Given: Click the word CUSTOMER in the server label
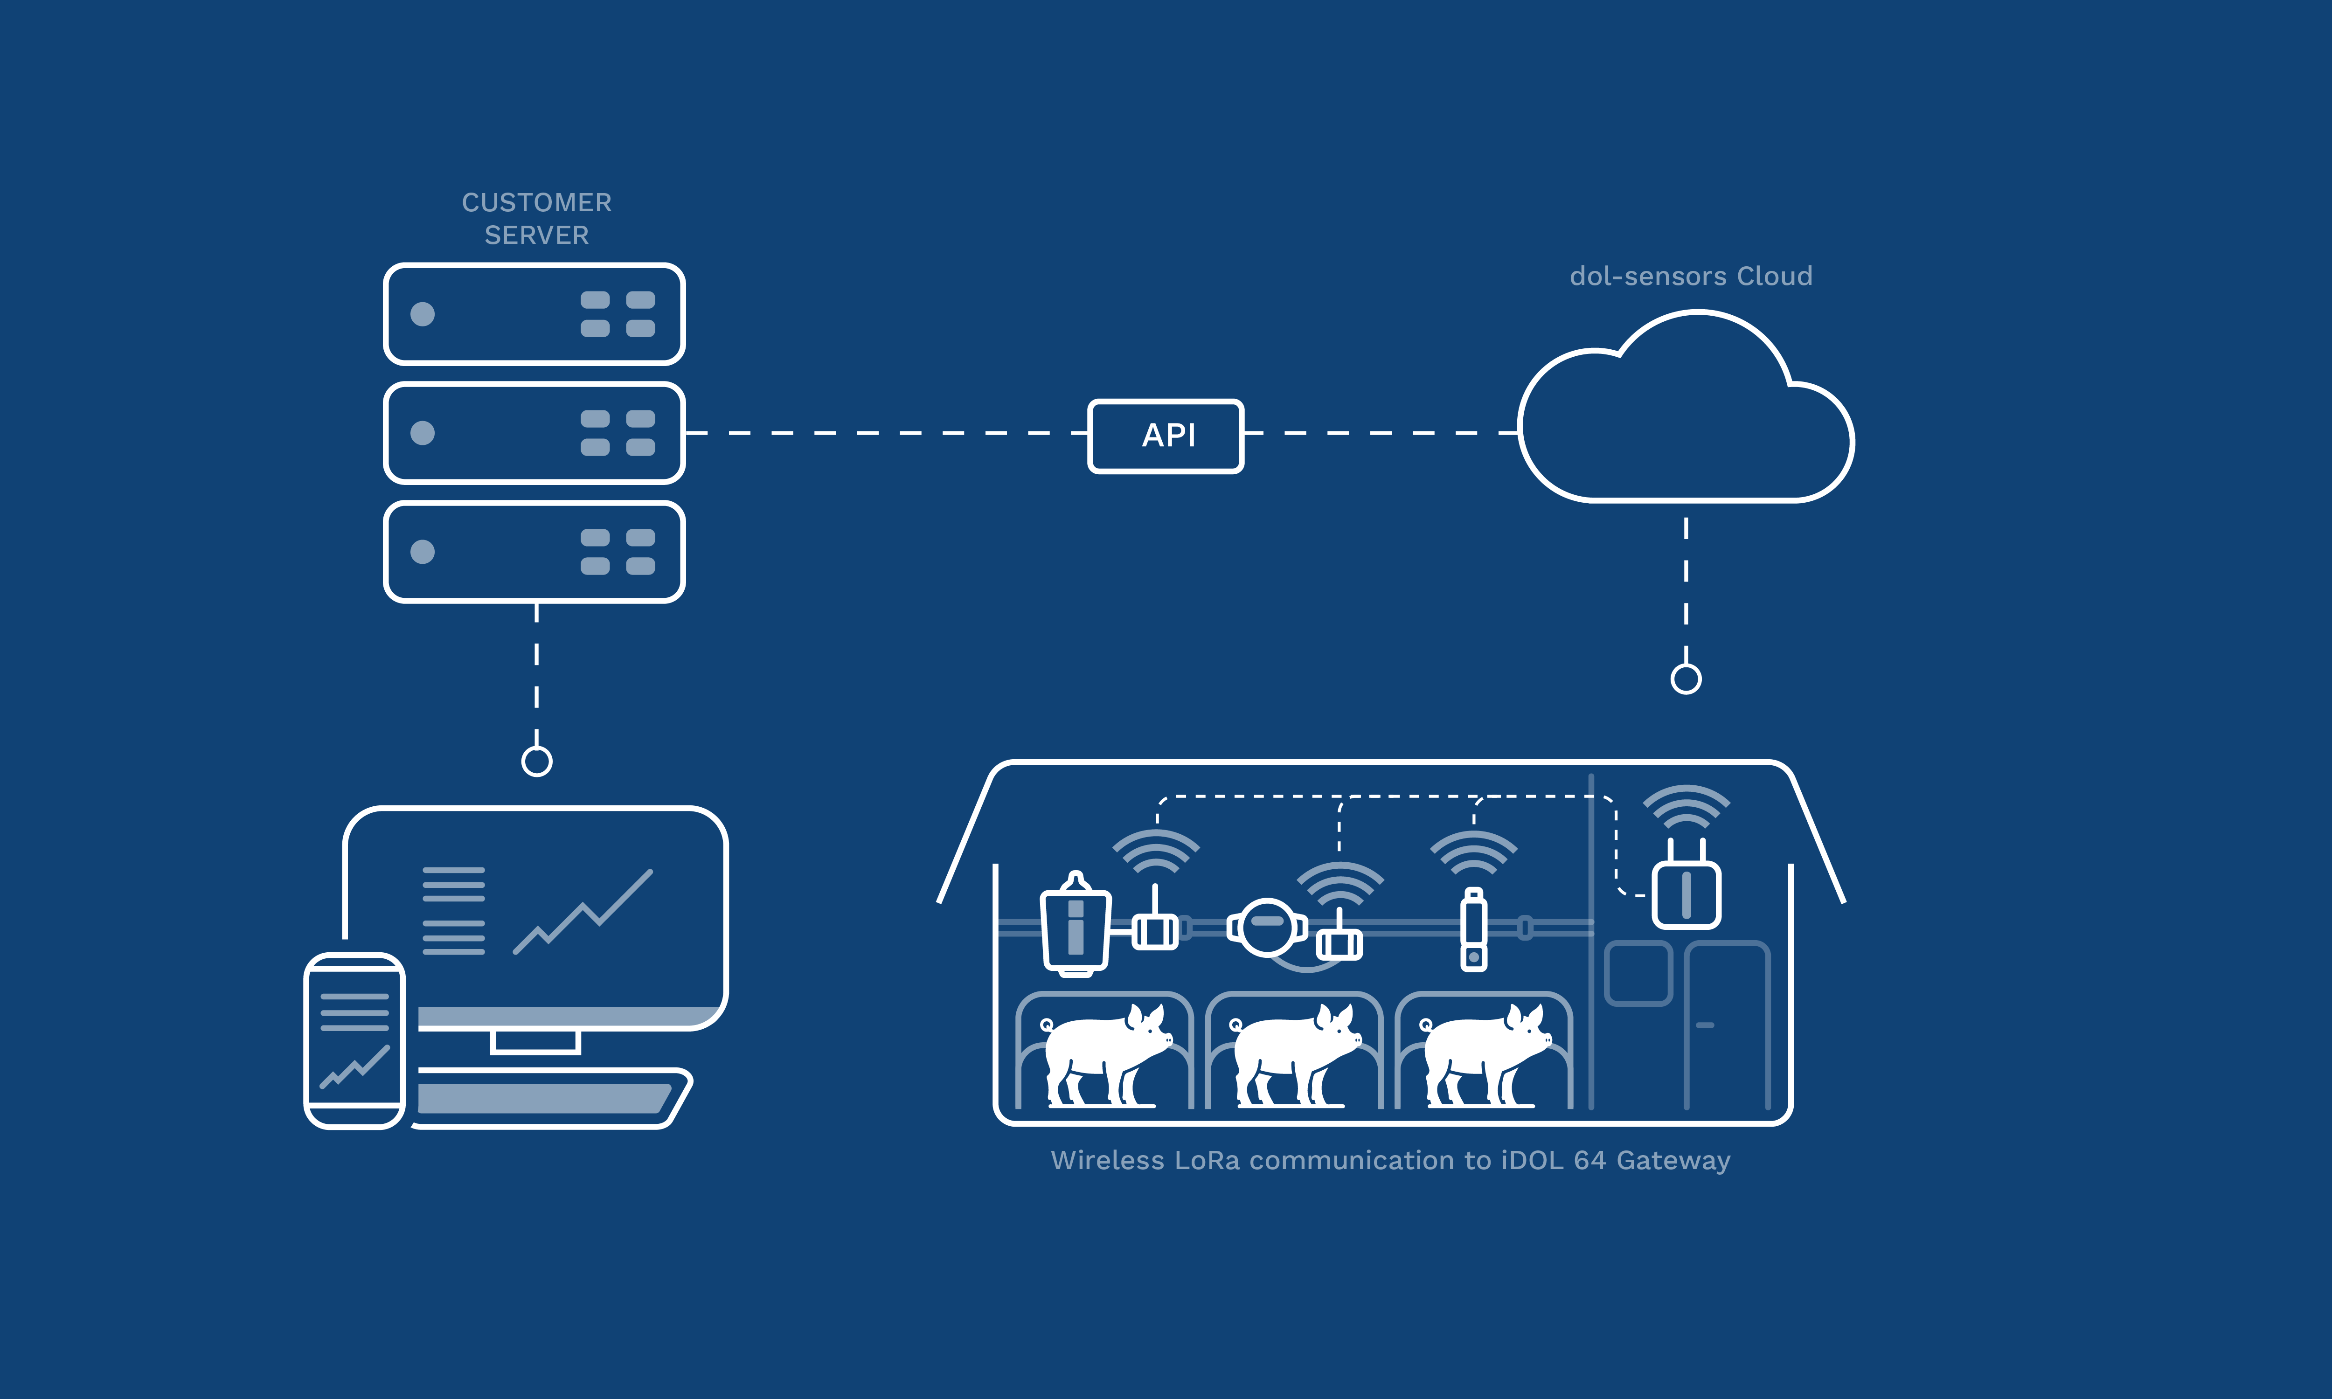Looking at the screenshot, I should click(536, 203).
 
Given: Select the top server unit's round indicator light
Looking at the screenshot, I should click(422, 314).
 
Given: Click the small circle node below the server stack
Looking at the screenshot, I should click(536, 761).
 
